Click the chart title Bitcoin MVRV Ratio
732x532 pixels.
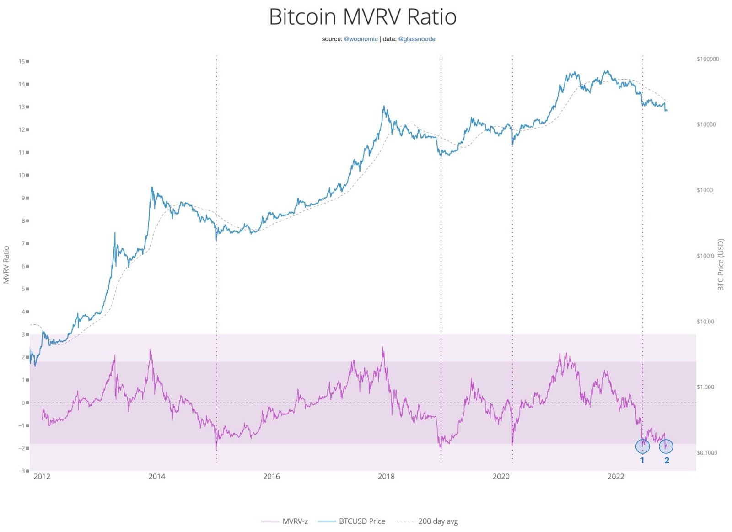[362, 17]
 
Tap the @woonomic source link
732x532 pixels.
[361, 39]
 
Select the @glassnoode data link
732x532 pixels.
[416, 39]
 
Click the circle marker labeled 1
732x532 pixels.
[642, 446]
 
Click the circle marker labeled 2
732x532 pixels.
[666, 446]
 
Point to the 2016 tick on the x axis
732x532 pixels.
[271, 477]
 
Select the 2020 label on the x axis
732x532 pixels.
[501, 477]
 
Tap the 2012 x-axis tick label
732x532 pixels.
[42, 477]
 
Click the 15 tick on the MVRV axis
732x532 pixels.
[22, 61]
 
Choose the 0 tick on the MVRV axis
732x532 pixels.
[24, 403]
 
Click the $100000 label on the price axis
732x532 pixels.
[707, 59]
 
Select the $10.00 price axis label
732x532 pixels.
[705, 322]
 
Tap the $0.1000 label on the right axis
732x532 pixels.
[707, 453]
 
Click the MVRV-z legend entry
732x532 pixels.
[295, 521]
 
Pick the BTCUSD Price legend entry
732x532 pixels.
[361, 521]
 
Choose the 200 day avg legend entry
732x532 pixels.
[437, 521]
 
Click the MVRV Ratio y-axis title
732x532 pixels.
[6, 264]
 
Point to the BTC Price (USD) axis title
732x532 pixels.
[721, 264]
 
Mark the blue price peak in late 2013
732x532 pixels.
[152, 187]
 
